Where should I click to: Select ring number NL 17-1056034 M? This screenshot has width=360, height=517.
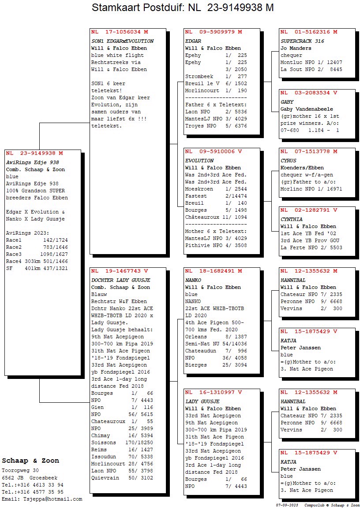120,32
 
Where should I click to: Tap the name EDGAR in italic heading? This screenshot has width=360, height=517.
193,41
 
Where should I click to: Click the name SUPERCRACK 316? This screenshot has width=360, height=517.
302,41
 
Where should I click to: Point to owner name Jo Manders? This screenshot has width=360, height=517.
296,48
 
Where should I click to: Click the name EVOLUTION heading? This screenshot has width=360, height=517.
199,161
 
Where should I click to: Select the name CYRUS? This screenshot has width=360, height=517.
289,161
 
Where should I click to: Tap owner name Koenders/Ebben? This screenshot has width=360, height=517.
302,168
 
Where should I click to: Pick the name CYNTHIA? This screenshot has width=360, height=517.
292,219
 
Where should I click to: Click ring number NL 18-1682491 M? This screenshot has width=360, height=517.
214,271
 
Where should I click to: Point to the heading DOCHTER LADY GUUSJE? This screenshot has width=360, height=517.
120,280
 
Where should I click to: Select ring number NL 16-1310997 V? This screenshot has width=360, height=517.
214,392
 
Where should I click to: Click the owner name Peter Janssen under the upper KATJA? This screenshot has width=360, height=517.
300,348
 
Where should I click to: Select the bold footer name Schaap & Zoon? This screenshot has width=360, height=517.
30,461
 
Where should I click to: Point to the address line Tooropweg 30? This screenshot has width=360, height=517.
20,471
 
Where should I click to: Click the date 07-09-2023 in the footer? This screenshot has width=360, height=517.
288,505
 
